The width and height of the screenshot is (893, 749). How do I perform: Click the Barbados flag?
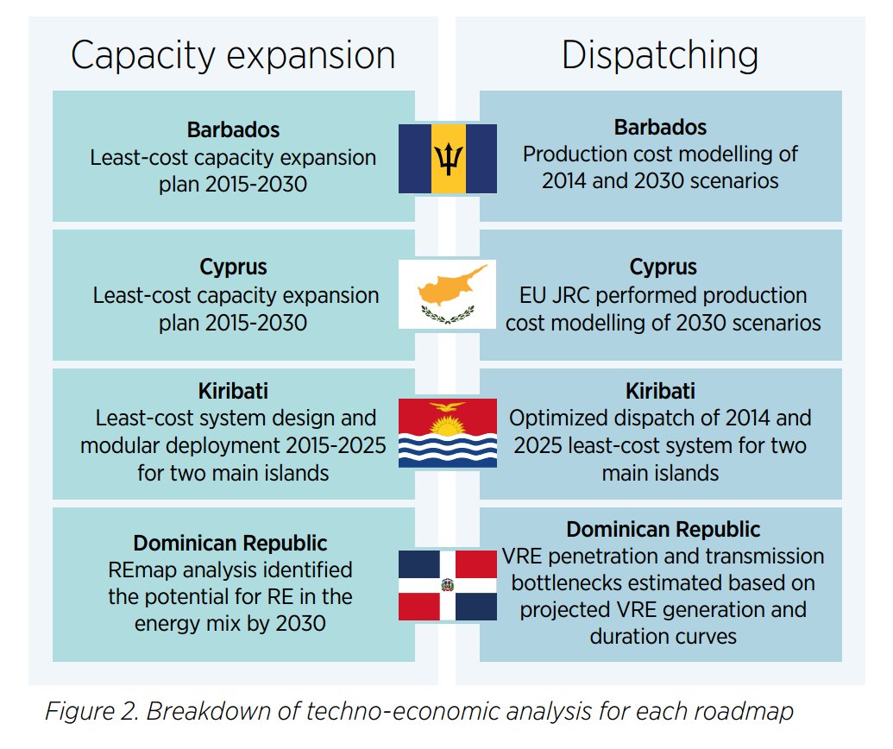click(x=447, y=159)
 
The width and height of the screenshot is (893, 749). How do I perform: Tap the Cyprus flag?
click(x=447, y=294)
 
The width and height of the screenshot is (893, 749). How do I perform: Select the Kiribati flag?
click(x=447, y=433)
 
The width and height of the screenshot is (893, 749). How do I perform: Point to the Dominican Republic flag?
click(x=447, y=585)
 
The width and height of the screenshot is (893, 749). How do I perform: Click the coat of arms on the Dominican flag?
click(x=447, y=585)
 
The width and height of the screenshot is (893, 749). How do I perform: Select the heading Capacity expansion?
click(x=233, y=55)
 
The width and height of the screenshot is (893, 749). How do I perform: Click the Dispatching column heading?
click(x=660, y=55)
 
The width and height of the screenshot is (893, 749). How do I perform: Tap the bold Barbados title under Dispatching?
click(x=660, y=128)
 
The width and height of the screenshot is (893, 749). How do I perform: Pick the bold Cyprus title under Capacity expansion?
click(x=233, y=267)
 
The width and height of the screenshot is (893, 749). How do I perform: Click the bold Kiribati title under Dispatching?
click(x=660, y=391)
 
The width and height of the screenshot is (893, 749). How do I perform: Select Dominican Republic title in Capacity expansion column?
click(x=230, y=544)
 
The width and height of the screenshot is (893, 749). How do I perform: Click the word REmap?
click(x=141, y=570)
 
